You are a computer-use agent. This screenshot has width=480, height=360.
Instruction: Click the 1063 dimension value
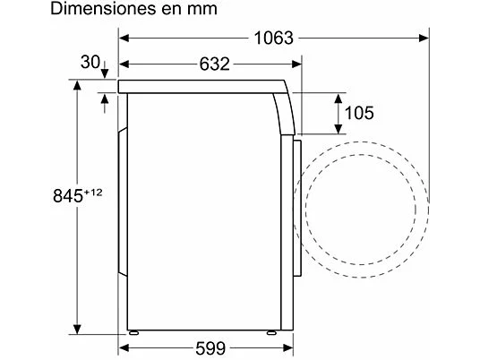(x=272, y=38)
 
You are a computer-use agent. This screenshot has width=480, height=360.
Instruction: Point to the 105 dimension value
(x=358, y=113)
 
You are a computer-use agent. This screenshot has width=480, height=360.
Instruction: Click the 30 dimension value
(x=90, y=62)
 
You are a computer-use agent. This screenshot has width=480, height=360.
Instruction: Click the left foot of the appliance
(x=133, y=333)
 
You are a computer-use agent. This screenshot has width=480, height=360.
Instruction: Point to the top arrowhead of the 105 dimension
(x=339, y=95)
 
